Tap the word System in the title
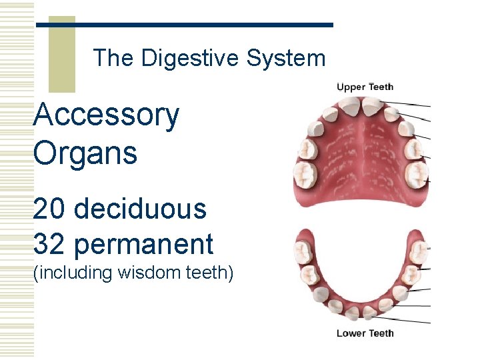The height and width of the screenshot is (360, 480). pyautogui.click(x=286, y=58)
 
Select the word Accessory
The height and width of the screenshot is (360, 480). pyautogui.click(x=106, y=116)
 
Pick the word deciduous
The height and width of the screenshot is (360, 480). pyautogui.click(x=140, y=209)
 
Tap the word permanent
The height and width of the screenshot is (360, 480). pyautogui.click(x=143, y=245)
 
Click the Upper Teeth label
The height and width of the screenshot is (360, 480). pyautogui.click(x=365, y=87)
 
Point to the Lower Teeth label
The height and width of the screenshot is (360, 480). pyautogui.click(x=365, y=333)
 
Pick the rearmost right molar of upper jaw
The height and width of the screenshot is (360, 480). pyautogui.click(x=417, y=175)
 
